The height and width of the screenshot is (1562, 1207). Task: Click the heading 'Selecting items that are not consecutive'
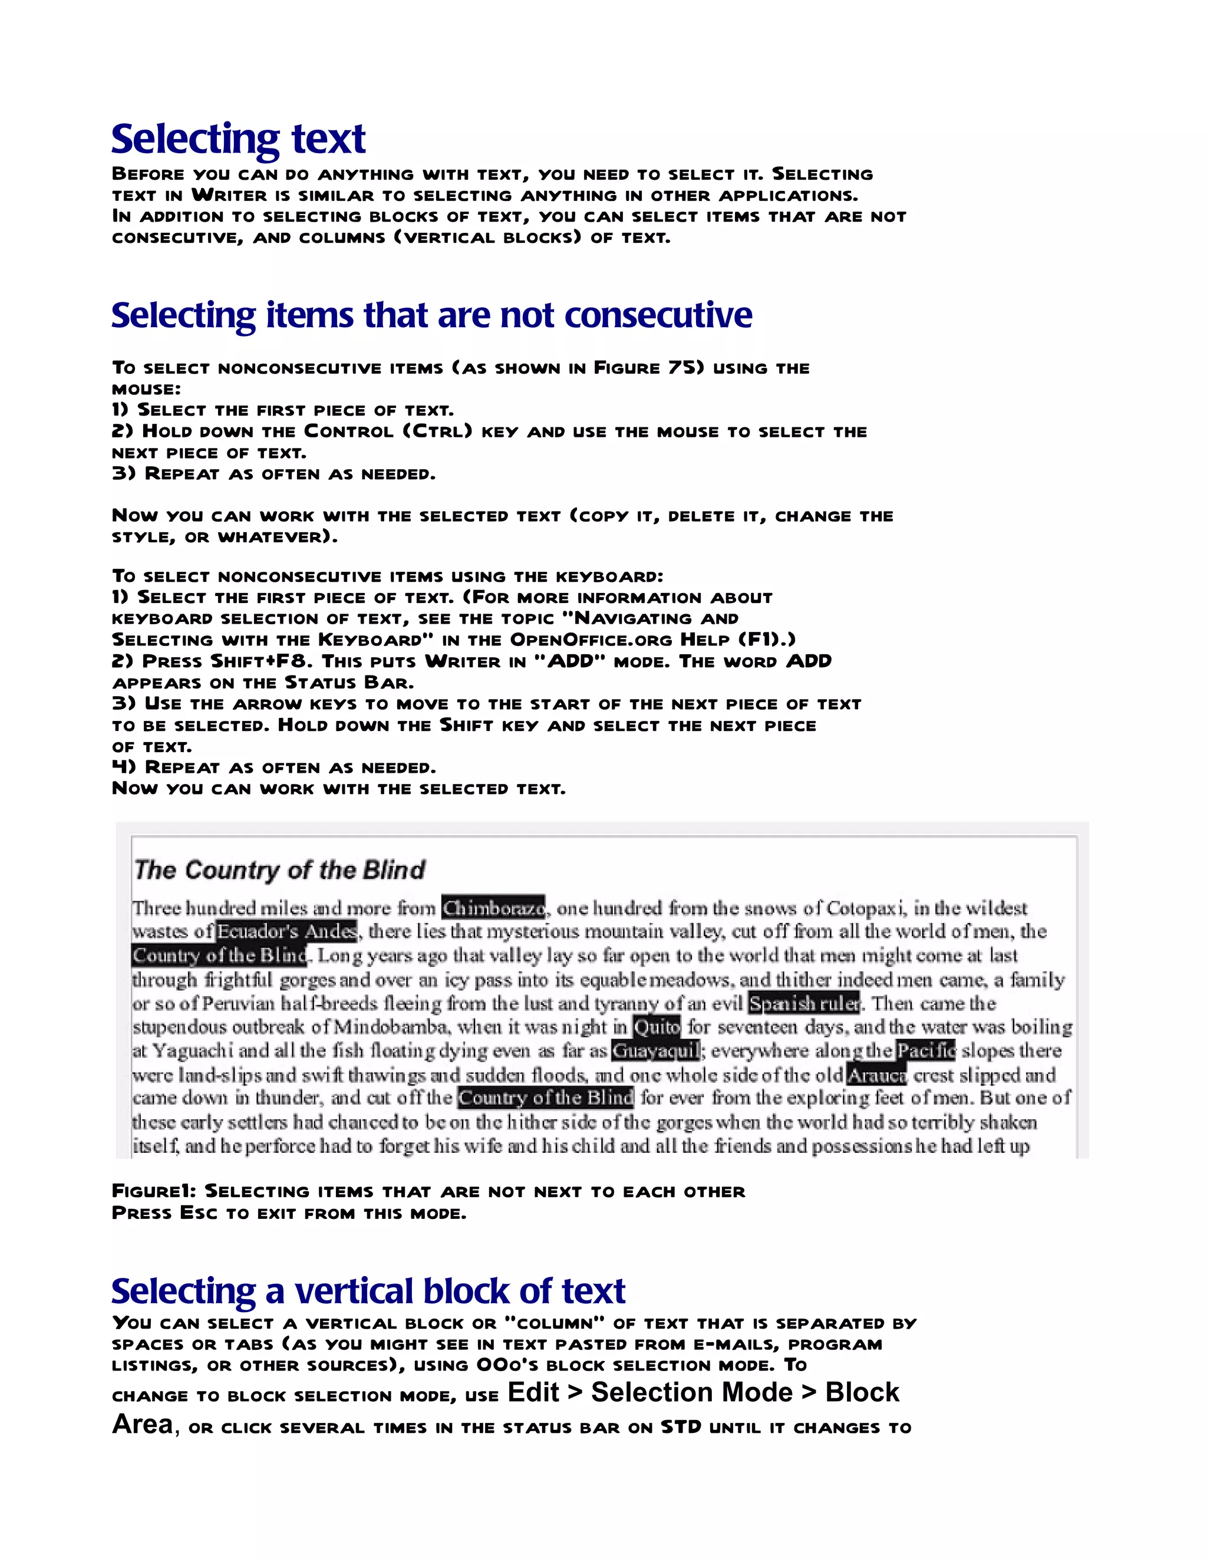coord(431,315)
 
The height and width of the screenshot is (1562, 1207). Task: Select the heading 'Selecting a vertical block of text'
coord(368,1291)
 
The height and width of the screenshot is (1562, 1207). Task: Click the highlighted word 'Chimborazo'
coord(493,908)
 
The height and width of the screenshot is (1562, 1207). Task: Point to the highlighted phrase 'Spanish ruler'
coord(804,1003)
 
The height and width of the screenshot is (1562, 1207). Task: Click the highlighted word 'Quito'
coord(657,1027)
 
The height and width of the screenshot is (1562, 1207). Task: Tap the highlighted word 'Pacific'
coord(926,1050)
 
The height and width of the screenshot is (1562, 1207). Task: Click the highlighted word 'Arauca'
coord(876,1075)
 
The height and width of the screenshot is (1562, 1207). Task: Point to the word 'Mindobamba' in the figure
coord(392,1027)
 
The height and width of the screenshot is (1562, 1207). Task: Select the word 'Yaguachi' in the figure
coord(193,1050)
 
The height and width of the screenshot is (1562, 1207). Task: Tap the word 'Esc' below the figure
coord(198,1213)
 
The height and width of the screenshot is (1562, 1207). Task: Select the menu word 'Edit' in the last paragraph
coord(533,1392)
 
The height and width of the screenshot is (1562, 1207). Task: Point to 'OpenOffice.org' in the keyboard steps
coord(591,640)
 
